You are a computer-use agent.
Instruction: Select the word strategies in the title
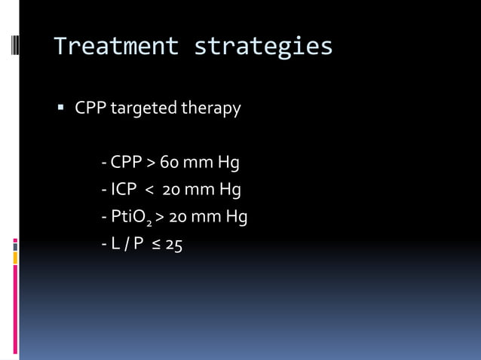click(x=263, y=47)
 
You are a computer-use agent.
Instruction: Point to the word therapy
click(x=210, y=109)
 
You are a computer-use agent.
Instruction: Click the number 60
click(x=168, y=162)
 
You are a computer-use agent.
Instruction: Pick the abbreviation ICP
click(x=124, y=190)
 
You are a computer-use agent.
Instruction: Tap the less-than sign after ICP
click(x=149, y=190)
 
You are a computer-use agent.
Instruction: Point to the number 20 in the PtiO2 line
click(x=179, y=217)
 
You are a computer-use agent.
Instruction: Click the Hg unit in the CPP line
click(x=228, y=162)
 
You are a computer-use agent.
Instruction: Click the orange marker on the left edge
click(x=14, y=258)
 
